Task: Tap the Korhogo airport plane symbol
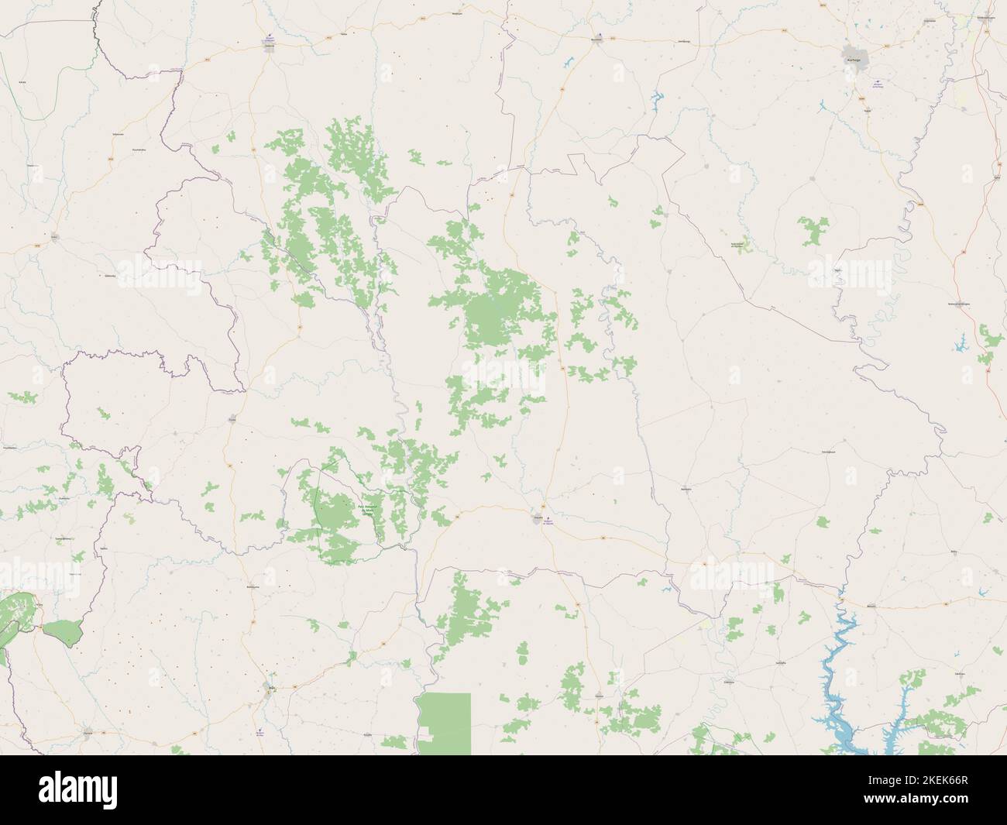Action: (x=876, y=82)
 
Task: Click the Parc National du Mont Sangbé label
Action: (x=367, y=509)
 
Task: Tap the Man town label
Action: (x=271, y=685)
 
